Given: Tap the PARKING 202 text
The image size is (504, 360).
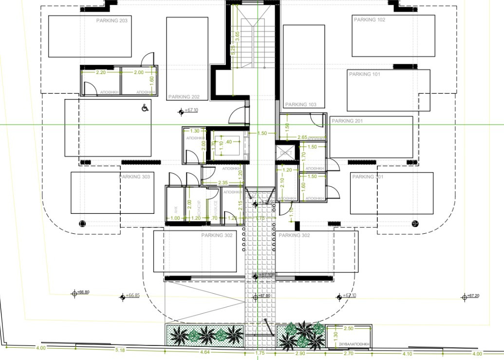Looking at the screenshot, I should [x=184, y=97].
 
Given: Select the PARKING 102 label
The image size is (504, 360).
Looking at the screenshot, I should [x=369, y=20].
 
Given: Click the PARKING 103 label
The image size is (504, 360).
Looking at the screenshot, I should [x=300, y=105].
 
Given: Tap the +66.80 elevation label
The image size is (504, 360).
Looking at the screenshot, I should [x=83, y=292].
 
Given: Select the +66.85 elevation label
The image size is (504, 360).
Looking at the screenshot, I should [x=132, y=296].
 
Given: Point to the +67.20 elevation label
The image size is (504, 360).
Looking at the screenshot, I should [x=473, y=296].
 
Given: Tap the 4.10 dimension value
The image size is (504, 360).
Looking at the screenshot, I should [x=407, y=354].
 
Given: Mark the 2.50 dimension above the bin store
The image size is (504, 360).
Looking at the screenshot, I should [x=349, y=328].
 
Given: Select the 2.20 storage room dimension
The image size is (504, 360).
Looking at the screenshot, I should [x=101, y=72].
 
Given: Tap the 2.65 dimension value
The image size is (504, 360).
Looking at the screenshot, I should [x=302, y=138].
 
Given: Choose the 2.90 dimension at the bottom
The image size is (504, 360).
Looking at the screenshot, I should [x=300, y=353].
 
